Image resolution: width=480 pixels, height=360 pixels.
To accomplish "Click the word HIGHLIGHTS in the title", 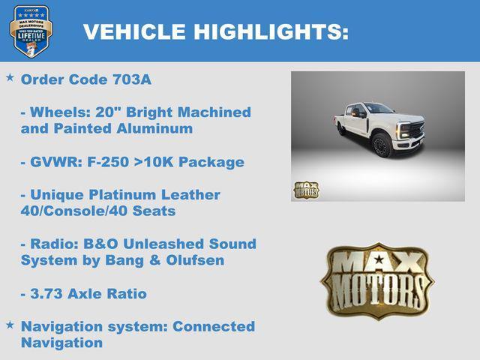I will [x=271, y=31].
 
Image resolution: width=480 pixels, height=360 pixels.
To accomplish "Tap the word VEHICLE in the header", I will [x=135, y=31].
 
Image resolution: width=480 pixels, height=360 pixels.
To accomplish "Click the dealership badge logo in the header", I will [x=31, y=31].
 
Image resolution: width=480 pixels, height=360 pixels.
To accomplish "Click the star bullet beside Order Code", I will [x=10, y=78].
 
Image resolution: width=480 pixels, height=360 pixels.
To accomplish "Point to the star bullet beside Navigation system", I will [x=10, y=325].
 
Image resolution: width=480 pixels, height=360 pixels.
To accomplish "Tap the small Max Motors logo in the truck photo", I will [x=305, y=190].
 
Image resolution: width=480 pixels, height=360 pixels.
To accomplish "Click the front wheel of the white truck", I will [x=381, y=145].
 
